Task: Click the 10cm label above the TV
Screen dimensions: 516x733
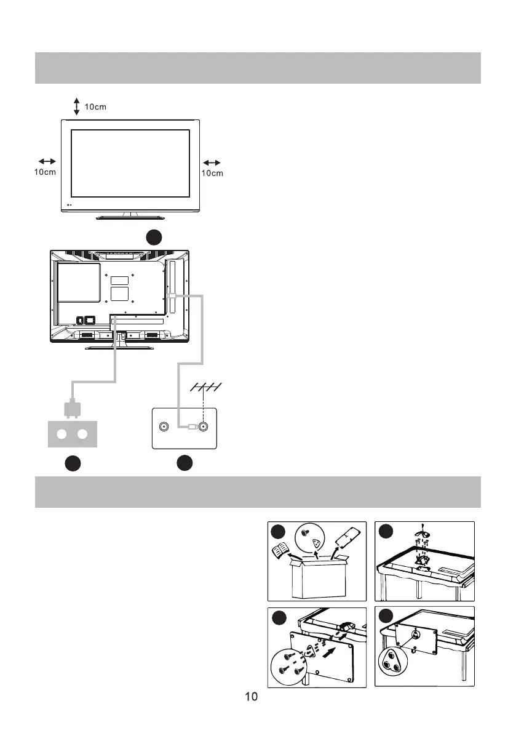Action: [95, 107]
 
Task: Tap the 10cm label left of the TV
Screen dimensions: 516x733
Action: [44, 172]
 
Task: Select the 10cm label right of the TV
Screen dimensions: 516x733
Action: [212, 174]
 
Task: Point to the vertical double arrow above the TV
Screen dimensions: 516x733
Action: [76, 106]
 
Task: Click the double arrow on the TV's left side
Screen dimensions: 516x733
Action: [47, 162]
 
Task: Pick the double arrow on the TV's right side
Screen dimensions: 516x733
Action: [212, 162]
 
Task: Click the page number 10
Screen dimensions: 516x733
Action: [251, 697]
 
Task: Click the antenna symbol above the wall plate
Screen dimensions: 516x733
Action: [205, 387]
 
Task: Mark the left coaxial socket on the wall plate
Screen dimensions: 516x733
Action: [164, 427]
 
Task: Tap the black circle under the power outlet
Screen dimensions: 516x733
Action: [73, 463]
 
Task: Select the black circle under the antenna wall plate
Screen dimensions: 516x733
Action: [185, 463]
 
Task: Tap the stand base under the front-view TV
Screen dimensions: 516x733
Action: [129, 217]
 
